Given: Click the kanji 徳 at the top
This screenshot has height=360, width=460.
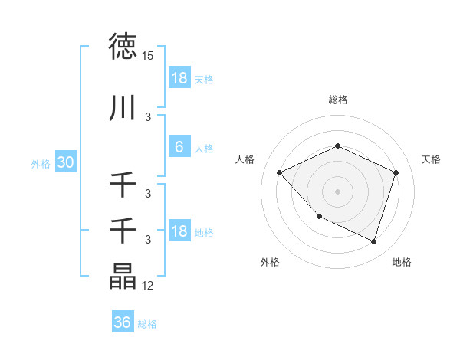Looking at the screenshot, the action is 123,47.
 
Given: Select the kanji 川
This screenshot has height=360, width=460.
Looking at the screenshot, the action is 123,108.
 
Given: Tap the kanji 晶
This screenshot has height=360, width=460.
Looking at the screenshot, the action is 123,277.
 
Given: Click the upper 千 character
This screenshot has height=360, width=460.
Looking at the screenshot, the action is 123,185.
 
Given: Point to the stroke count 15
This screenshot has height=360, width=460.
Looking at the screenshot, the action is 148,56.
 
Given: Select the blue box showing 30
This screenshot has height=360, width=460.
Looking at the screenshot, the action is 65,163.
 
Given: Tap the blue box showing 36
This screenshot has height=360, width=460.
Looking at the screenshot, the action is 123,322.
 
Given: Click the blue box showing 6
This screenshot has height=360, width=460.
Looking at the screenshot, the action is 179,148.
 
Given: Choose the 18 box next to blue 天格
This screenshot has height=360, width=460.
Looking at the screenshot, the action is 179,79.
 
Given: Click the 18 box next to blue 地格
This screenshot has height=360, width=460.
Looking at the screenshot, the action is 179,232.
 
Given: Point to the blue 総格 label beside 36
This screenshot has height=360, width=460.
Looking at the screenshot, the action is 148,324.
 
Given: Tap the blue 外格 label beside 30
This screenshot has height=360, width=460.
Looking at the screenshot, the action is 41,164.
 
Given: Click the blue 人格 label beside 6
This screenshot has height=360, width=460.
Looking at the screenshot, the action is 204,149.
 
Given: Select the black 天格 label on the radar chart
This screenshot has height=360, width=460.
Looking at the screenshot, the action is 432,159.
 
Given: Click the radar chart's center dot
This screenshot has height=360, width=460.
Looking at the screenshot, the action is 337,191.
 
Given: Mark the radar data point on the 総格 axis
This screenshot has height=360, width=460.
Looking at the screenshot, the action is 337,146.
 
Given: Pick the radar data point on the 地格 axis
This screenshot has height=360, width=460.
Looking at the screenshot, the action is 373,242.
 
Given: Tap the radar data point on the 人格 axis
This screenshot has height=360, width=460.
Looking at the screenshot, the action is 280,172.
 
